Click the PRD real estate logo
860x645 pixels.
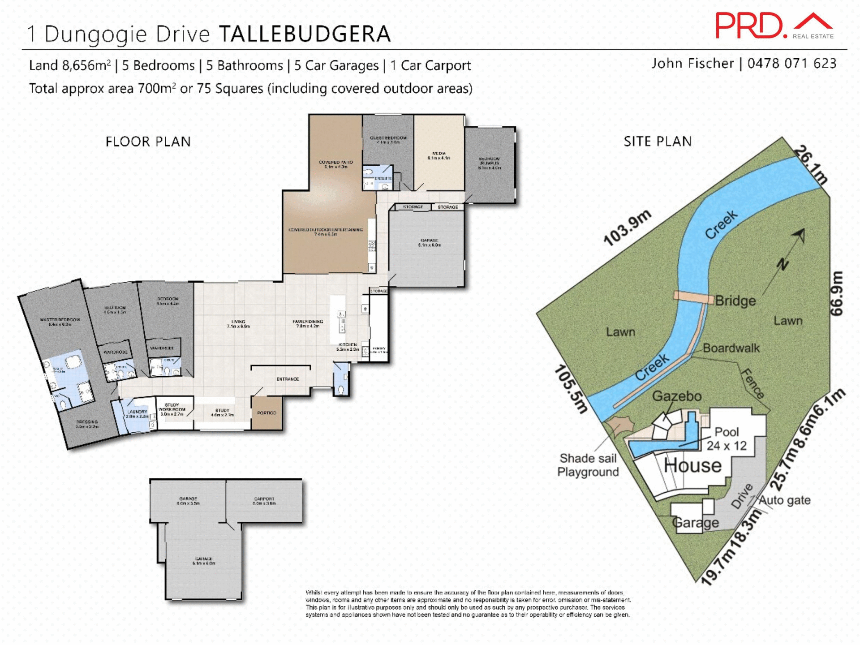click(774, 26)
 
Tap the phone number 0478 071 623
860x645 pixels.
click(791, 64)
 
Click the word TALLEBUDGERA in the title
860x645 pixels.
click(305, 34)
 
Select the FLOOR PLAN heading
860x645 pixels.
click(148, 142)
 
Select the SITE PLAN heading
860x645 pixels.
click(658, 142)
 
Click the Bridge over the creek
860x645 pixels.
click(693, 297)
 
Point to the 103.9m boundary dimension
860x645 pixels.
click(627, 228)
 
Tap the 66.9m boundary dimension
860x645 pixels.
click(837, 293)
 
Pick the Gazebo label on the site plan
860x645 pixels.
click(676, 396)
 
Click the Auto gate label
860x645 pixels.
click(784, 500)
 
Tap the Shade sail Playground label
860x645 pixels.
click(588, 465)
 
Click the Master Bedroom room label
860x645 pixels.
click(60, 322)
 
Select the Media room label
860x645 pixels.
click(439, 155)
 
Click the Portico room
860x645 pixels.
click(267, 413)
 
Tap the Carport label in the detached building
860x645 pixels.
click(264, 500)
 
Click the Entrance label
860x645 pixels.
click(288, 379)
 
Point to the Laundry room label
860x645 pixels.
click(137, 413)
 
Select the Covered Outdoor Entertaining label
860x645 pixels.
click(326, 232)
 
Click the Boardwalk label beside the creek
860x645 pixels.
click(731, 348)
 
